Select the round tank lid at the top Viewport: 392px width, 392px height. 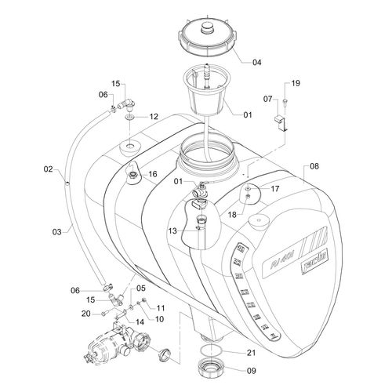pyautogui.click(x=207, y=39)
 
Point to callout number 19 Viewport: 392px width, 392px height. pyautogui.click(x=296, y=83)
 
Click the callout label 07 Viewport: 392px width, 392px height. pyautogui.click(x=267, y=99)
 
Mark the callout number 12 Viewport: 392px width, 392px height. pyautogui.click(x=154, y=116)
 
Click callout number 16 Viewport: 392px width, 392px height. pyautogui.click(x=153, y=174)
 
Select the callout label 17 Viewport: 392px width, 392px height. pyautogui.click(x=274, y=188)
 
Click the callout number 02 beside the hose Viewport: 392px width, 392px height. pyautogui.click(x=48, y=169)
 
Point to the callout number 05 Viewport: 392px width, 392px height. pyautogui.click(x=142, y=288)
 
